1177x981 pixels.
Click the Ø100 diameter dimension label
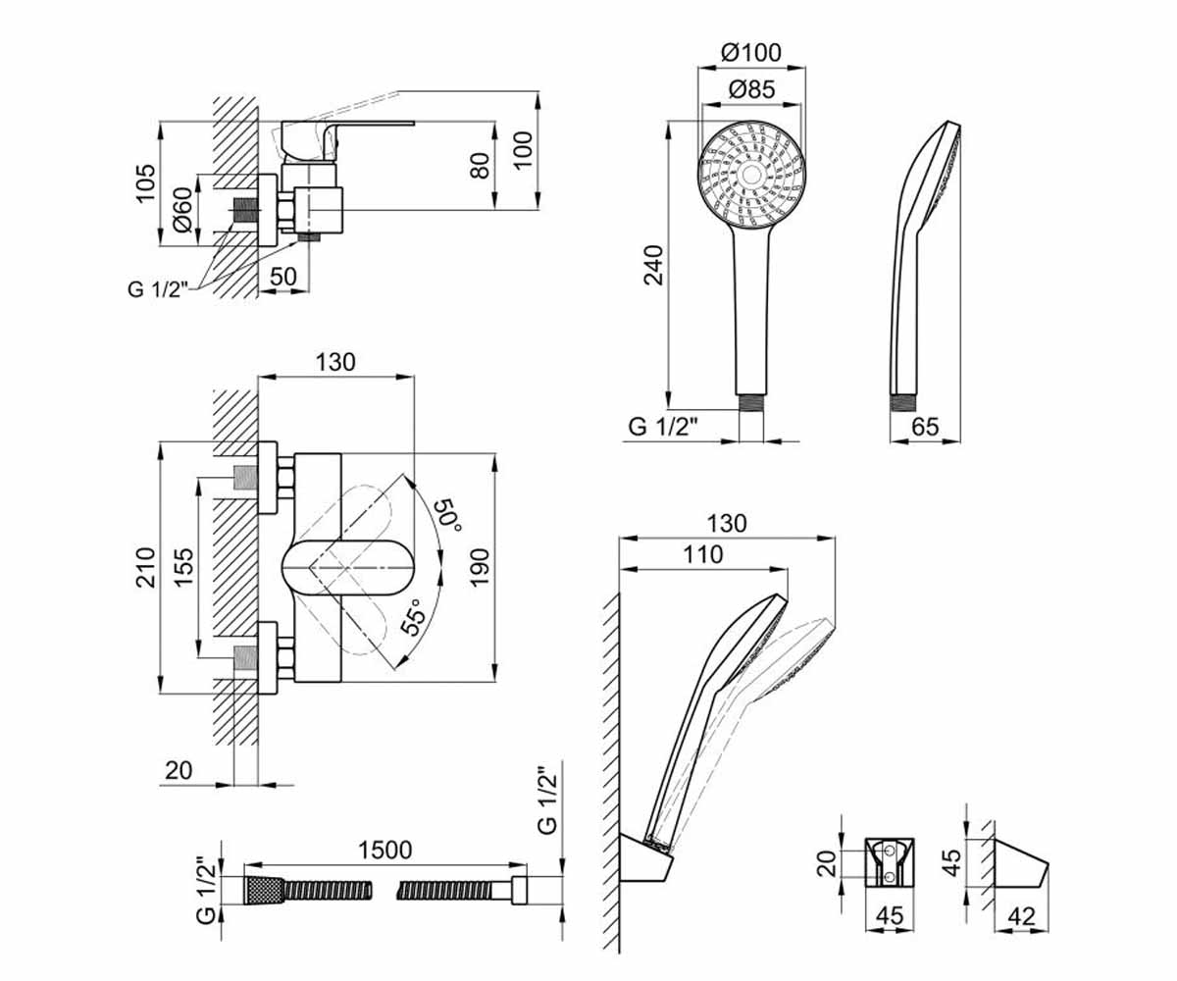751,53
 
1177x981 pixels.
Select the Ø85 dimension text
751,89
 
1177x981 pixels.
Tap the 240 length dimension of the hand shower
653,265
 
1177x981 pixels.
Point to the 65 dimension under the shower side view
925,426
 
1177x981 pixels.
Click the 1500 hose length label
385,850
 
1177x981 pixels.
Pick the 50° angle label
448,515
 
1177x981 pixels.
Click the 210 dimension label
146,568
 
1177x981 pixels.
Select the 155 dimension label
183,568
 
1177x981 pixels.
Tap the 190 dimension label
480,568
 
